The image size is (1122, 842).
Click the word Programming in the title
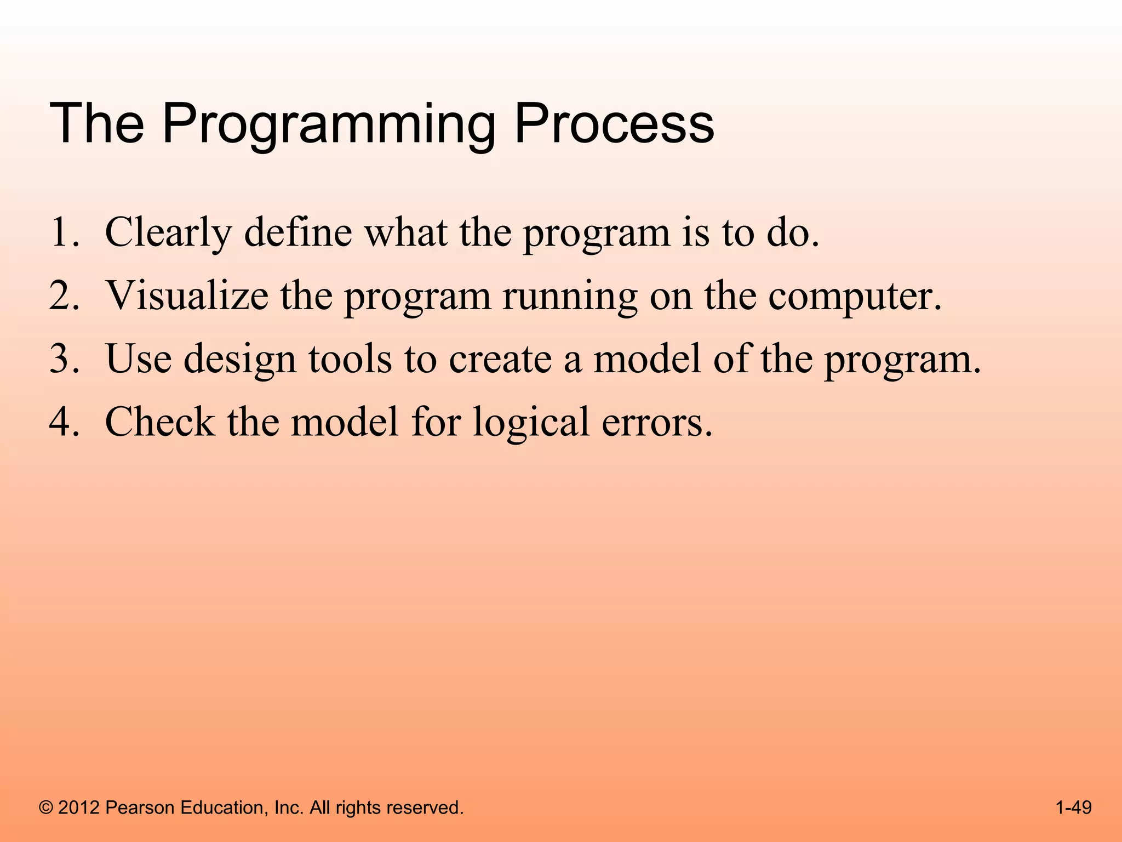coord(329,125)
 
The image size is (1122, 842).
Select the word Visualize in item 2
coord(187,296)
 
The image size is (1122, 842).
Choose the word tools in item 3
coord(350,359)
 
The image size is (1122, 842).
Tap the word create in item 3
coord(500,359)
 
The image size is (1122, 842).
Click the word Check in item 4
coord(159,422)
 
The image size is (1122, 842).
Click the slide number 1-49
coord(1073,807)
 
